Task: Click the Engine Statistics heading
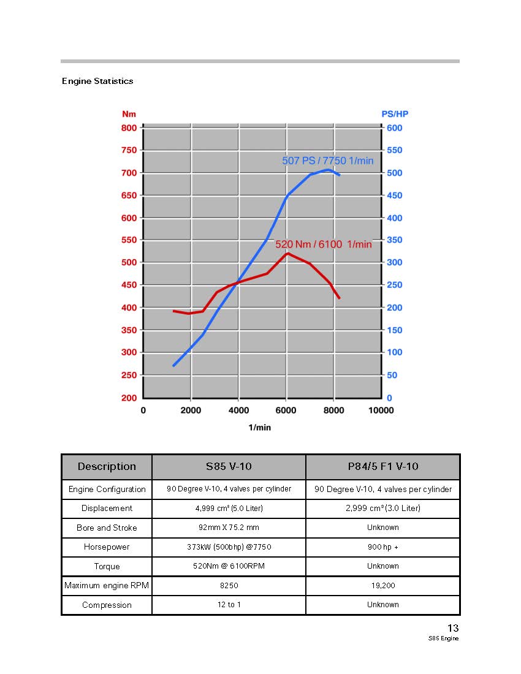(97, 81)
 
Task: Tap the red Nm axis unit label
(129, 114)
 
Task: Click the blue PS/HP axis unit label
(395, 114)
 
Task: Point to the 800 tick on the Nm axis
(129, 127)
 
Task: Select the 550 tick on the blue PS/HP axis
(395, 150)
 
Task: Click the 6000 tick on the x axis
(286, 410)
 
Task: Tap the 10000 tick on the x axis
(381, 410)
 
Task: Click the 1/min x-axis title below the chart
(260, 427)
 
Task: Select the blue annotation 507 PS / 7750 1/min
(327, 161)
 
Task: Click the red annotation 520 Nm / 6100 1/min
(323, 244)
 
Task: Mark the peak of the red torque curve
(287, 253)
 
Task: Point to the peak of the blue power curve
(329, 170)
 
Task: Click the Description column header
(107, 467)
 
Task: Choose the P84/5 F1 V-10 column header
(383, 467)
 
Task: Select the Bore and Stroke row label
(107, 528)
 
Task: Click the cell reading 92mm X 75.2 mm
(229, 528)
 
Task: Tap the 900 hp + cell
(383, 547)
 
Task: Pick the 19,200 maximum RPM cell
(383, 585)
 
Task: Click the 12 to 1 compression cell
(229, 605)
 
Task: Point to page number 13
(453, 628)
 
